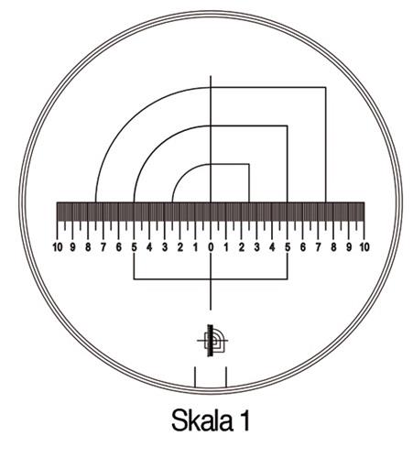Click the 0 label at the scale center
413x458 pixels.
[211, 247]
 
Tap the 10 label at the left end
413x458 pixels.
[58, 247]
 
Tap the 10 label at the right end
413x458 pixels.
[364, 247]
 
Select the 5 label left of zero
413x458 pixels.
[134, 247]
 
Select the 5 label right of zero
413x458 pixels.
[288, 247]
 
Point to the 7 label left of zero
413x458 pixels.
[103, 247]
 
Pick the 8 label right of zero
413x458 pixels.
[334, 247]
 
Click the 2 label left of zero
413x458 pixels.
[180, 247]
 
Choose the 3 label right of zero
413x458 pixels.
[257, 247]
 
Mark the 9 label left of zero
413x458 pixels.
[73, 247]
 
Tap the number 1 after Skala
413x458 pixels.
[245, 420]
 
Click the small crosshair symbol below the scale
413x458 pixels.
[212, 340]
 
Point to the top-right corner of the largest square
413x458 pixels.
[326, 87]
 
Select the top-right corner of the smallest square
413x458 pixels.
[249, 165]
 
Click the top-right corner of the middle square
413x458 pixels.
[288, 125]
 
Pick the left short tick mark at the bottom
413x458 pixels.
[194, 376]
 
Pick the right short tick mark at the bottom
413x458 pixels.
[225, 376]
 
